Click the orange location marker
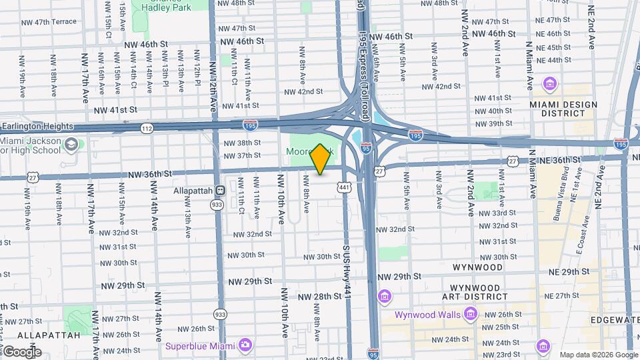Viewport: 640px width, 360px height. click(x=321, y=159)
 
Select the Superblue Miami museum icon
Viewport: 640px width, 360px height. click(x=245, y=345)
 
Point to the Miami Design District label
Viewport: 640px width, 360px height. click(x=558, y=109)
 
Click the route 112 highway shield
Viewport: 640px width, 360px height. click(x=145, y=127)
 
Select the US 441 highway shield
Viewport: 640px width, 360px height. click(x=344, y=189)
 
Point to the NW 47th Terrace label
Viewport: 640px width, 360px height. click(x=49, y=22)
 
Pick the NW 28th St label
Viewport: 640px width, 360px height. click(x=319, y=296)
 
